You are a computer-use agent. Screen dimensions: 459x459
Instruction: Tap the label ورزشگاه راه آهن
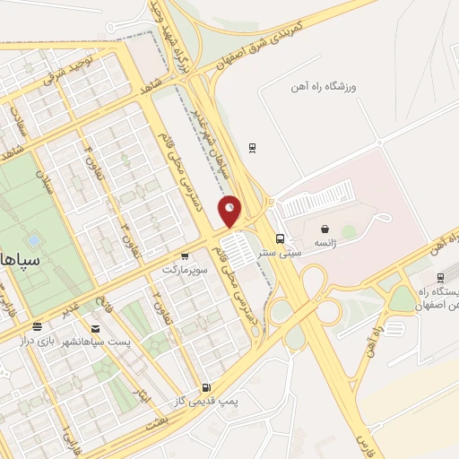[325, 87]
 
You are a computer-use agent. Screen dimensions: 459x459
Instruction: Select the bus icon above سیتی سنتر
[281, 238]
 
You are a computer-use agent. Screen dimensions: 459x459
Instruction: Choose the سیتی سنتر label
[280, 253]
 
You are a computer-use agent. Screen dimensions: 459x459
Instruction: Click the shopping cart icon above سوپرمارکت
[185, 255]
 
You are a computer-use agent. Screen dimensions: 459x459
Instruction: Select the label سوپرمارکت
[185, 269]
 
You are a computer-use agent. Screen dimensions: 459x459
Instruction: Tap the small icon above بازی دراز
[37, 328]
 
